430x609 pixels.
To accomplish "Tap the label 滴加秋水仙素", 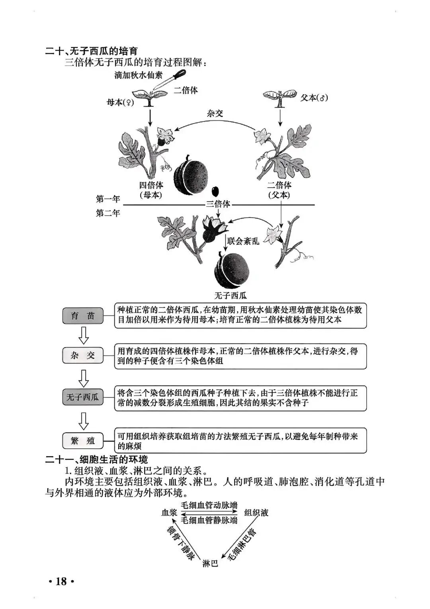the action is click(x=138, y=75).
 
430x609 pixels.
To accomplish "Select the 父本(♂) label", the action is click(x=314, y=98).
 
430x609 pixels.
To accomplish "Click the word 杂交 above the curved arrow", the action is click(x=215, y=114).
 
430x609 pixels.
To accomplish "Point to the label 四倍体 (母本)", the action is click(x=151, y=190).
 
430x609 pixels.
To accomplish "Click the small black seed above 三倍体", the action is click(x=215, y=191).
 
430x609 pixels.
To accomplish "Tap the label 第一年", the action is click(x=108, y=198).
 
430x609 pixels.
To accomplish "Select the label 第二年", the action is click(x=108, y=213).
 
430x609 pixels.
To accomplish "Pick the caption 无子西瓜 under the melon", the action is click(x=231, y=295).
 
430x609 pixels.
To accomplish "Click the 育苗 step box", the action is click(x=83, y=316).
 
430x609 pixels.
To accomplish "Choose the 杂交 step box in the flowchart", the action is click(x=83, y=356).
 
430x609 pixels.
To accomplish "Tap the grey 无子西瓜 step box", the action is click(x=83, y=397).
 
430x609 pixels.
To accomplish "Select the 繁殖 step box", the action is click(x=83, y=440).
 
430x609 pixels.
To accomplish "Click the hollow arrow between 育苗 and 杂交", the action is click(x=83, y=336).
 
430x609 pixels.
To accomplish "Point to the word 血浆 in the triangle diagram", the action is click(x=169, y=513).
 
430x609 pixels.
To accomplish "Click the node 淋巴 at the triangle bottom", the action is click(x=210, y=563).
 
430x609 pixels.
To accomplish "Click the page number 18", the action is click(x=61, y=581).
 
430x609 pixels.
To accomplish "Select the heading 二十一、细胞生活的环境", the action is click(x=97, y=459).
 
